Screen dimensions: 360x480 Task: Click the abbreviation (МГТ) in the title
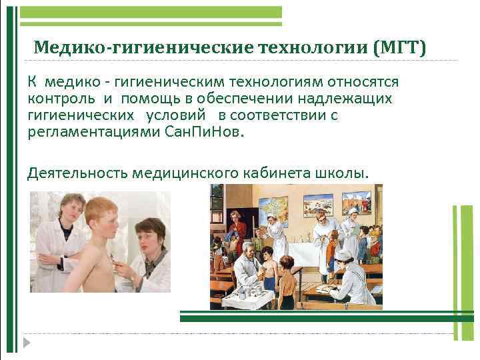399,48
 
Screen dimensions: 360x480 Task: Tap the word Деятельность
78,173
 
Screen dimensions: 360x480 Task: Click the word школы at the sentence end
343,173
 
